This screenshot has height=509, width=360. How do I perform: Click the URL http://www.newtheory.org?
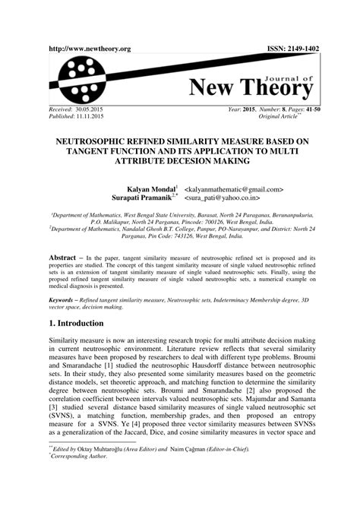point(89,49)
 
